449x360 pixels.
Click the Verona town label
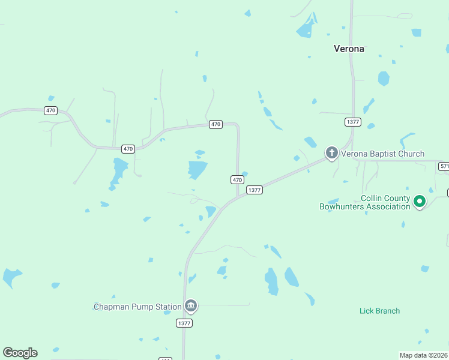click(349, 49)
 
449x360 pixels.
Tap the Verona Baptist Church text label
click(382, 154)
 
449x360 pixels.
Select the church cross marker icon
click(331, 153)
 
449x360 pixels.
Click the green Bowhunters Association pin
click(420, 202)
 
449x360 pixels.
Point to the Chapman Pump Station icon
click(191, 306)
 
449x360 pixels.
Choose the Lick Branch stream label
click(379, 311)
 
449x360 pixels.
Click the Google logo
click(20, 353)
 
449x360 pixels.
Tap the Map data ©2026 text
click(423, 355)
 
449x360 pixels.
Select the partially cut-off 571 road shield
click(444, 166)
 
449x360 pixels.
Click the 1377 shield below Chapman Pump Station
click(184, 323)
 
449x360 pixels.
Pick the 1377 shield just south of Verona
click(353, 122)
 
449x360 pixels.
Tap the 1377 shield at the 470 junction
click(255, 190)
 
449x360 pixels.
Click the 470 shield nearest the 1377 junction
click(237, 179)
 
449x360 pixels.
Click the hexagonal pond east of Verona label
click(384, 79)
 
